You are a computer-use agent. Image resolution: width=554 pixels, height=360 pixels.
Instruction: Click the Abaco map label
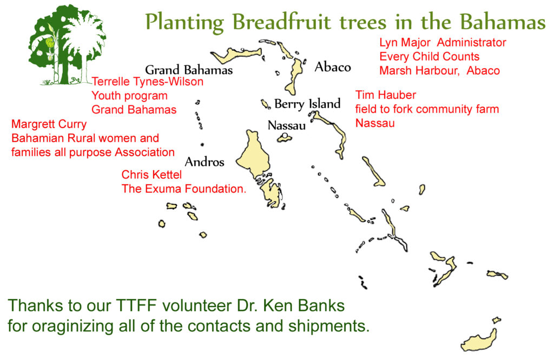(333, 66)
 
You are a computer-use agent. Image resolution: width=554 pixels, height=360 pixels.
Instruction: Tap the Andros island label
(205, 162)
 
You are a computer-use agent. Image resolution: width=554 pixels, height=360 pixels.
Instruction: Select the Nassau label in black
(287, 125)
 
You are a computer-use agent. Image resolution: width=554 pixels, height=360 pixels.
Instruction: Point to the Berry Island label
(307, 104)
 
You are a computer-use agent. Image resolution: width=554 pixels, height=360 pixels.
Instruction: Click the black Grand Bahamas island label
(189, 70)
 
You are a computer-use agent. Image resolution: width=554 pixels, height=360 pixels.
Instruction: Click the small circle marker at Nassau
(285, 136)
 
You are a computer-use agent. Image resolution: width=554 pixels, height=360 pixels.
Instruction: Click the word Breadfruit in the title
(282, 22)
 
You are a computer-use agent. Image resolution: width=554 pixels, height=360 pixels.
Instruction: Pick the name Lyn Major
(405, 42)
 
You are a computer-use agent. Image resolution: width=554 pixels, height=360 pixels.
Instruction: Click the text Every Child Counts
(429, 56)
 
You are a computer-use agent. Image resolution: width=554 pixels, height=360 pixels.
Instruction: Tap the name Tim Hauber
(385, 95)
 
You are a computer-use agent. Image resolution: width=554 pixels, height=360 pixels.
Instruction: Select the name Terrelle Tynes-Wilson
(147, 82)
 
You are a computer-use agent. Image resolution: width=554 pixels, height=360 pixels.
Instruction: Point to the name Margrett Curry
(49, 124)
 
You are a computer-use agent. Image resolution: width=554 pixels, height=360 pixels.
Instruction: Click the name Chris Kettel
(151, 175)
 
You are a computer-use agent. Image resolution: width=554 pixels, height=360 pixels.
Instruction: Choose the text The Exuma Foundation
(184, 189)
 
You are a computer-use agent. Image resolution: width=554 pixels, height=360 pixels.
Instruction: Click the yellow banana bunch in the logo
(50, 43)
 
